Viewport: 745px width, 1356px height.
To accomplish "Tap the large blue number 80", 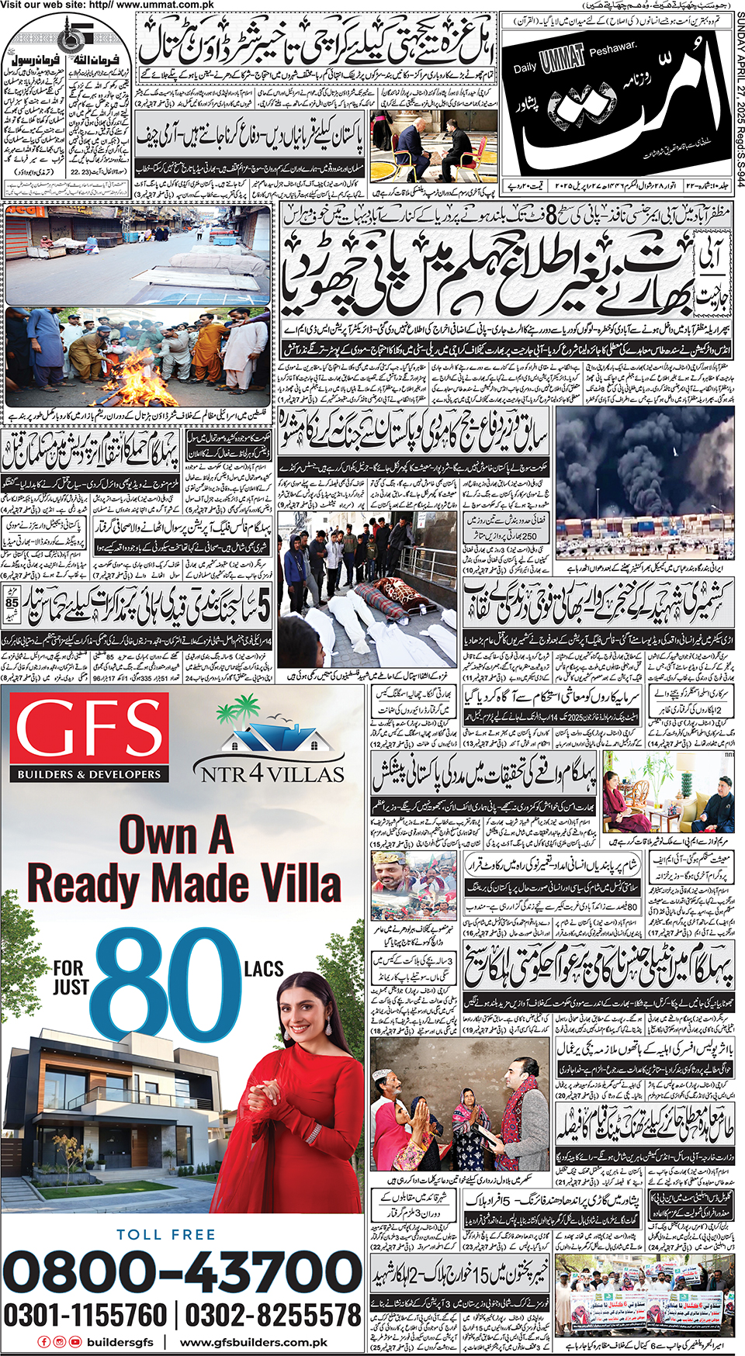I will click(x=159, y=983).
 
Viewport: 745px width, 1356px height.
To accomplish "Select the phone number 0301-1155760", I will click(x=85, y=1315).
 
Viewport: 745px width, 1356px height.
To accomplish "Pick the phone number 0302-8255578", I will click(x=272, y=1315).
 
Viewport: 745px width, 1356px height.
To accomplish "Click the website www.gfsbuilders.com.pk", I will click(x=254, y=1342).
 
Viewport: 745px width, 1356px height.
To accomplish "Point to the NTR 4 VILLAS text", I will click(x=272, y=773).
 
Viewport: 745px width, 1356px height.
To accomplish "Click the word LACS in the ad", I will click(x=264, y=969).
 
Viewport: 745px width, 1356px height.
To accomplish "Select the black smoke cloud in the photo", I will click(x=636, y=458).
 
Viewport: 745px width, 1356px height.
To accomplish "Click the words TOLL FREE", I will click(x=166, y=1234).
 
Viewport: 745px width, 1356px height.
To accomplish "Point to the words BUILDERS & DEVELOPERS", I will click(x=89, y=774).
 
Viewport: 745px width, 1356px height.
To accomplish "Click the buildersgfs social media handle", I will click(x=120, y=1342).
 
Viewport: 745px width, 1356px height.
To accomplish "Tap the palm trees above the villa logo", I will click(x=237, y=712).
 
